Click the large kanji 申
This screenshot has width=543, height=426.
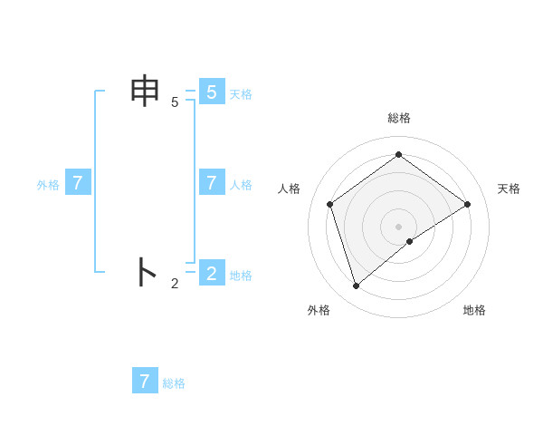147,92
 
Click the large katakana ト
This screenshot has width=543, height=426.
147,272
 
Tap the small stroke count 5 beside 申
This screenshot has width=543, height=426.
175,102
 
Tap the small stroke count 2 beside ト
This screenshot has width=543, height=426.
175,284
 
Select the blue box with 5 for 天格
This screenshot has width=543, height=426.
211,92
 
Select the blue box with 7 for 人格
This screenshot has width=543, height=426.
211,183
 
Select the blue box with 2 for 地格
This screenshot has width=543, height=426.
211,273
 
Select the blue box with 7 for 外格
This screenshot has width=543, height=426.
78,183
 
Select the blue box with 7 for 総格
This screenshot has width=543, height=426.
145,381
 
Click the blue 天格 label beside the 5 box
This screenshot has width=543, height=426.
241,94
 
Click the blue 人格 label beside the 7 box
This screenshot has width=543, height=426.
241,185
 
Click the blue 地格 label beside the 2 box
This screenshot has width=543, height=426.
241,276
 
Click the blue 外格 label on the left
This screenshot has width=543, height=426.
48,185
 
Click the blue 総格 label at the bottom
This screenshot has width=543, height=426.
174,383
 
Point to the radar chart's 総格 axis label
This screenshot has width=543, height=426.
399,118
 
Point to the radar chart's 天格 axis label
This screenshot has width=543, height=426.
509,189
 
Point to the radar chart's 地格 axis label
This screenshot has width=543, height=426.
474,310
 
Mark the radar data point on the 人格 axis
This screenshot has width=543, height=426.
330,204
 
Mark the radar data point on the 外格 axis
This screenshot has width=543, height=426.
357,286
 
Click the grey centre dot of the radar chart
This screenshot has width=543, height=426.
399,226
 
